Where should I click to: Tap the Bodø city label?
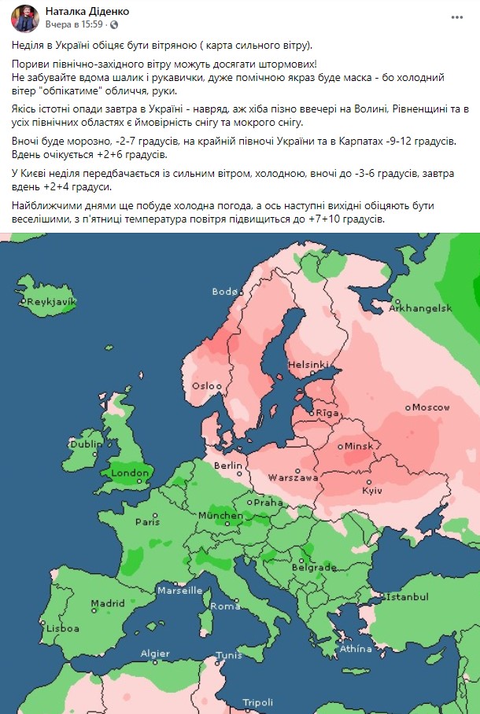click(225, 292)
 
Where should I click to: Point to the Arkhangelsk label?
click(420, 308)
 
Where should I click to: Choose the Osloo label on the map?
click(207, 386)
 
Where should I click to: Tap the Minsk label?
click(357, 446)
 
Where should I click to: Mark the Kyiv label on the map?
click(371, 491)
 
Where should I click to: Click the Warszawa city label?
click(293, 477)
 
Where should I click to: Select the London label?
click(130, 473)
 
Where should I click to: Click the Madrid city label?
click(108, 604)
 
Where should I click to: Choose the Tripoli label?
click(257, 702)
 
